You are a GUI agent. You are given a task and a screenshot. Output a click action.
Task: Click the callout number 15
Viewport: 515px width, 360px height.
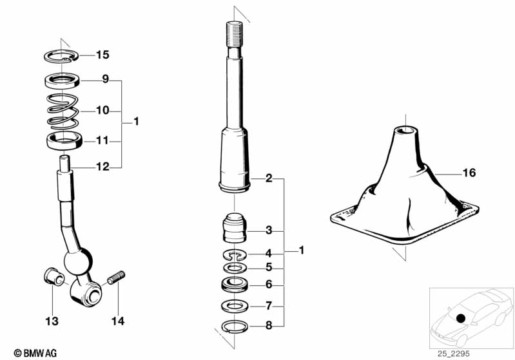coord(102,55)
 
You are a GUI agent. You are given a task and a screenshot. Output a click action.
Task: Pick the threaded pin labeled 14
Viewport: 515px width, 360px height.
coord(116,278)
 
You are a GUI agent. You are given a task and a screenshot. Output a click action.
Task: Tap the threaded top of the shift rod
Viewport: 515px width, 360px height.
coord(235,33)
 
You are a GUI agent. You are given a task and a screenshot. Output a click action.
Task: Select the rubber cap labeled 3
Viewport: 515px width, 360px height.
coord(235,228)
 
